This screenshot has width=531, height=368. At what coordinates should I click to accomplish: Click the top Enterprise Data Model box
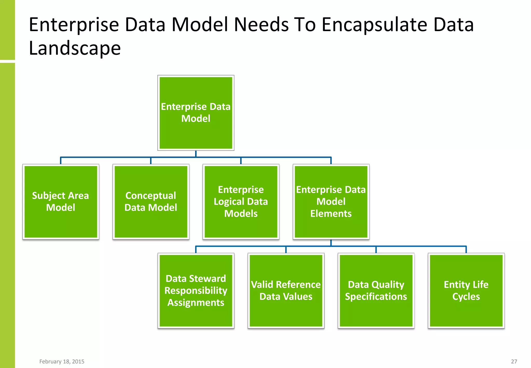click(x=196, y=113)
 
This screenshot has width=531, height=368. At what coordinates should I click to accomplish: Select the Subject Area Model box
click(x=61, y=202)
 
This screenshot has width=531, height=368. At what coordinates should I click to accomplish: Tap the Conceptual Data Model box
click(x=151, y=202)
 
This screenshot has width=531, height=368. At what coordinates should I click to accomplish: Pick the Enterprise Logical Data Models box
click(x=241, y=202)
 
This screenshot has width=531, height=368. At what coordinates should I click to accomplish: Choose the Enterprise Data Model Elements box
click(x=331, y=202)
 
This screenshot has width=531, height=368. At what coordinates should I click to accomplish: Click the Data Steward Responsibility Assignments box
click(x=196, y=291)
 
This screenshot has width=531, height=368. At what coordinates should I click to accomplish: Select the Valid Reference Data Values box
click(x=286, y=291)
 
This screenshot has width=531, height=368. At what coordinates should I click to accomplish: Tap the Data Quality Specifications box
click(x=376, y=291)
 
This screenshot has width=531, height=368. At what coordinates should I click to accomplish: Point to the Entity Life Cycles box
click(x=466, y=291)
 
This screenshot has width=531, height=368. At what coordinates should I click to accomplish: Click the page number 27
click(x=514, y=362)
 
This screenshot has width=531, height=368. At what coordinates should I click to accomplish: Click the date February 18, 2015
click(x=62, y=362)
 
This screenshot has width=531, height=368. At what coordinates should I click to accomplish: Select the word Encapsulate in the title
click(x=374, y=25)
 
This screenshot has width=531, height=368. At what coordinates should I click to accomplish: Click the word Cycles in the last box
click(x=466, y=297)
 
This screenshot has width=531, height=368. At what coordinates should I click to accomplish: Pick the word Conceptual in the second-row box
click(x=151, y=196)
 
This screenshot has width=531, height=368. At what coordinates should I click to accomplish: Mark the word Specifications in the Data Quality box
click(x=376, y=297)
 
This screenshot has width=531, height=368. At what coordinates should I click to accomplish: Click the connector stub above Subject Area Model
click(x=61, y=161)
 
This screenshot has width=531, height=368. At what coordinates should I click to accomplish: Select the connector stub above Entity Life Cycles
click(x=466, y=249)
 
